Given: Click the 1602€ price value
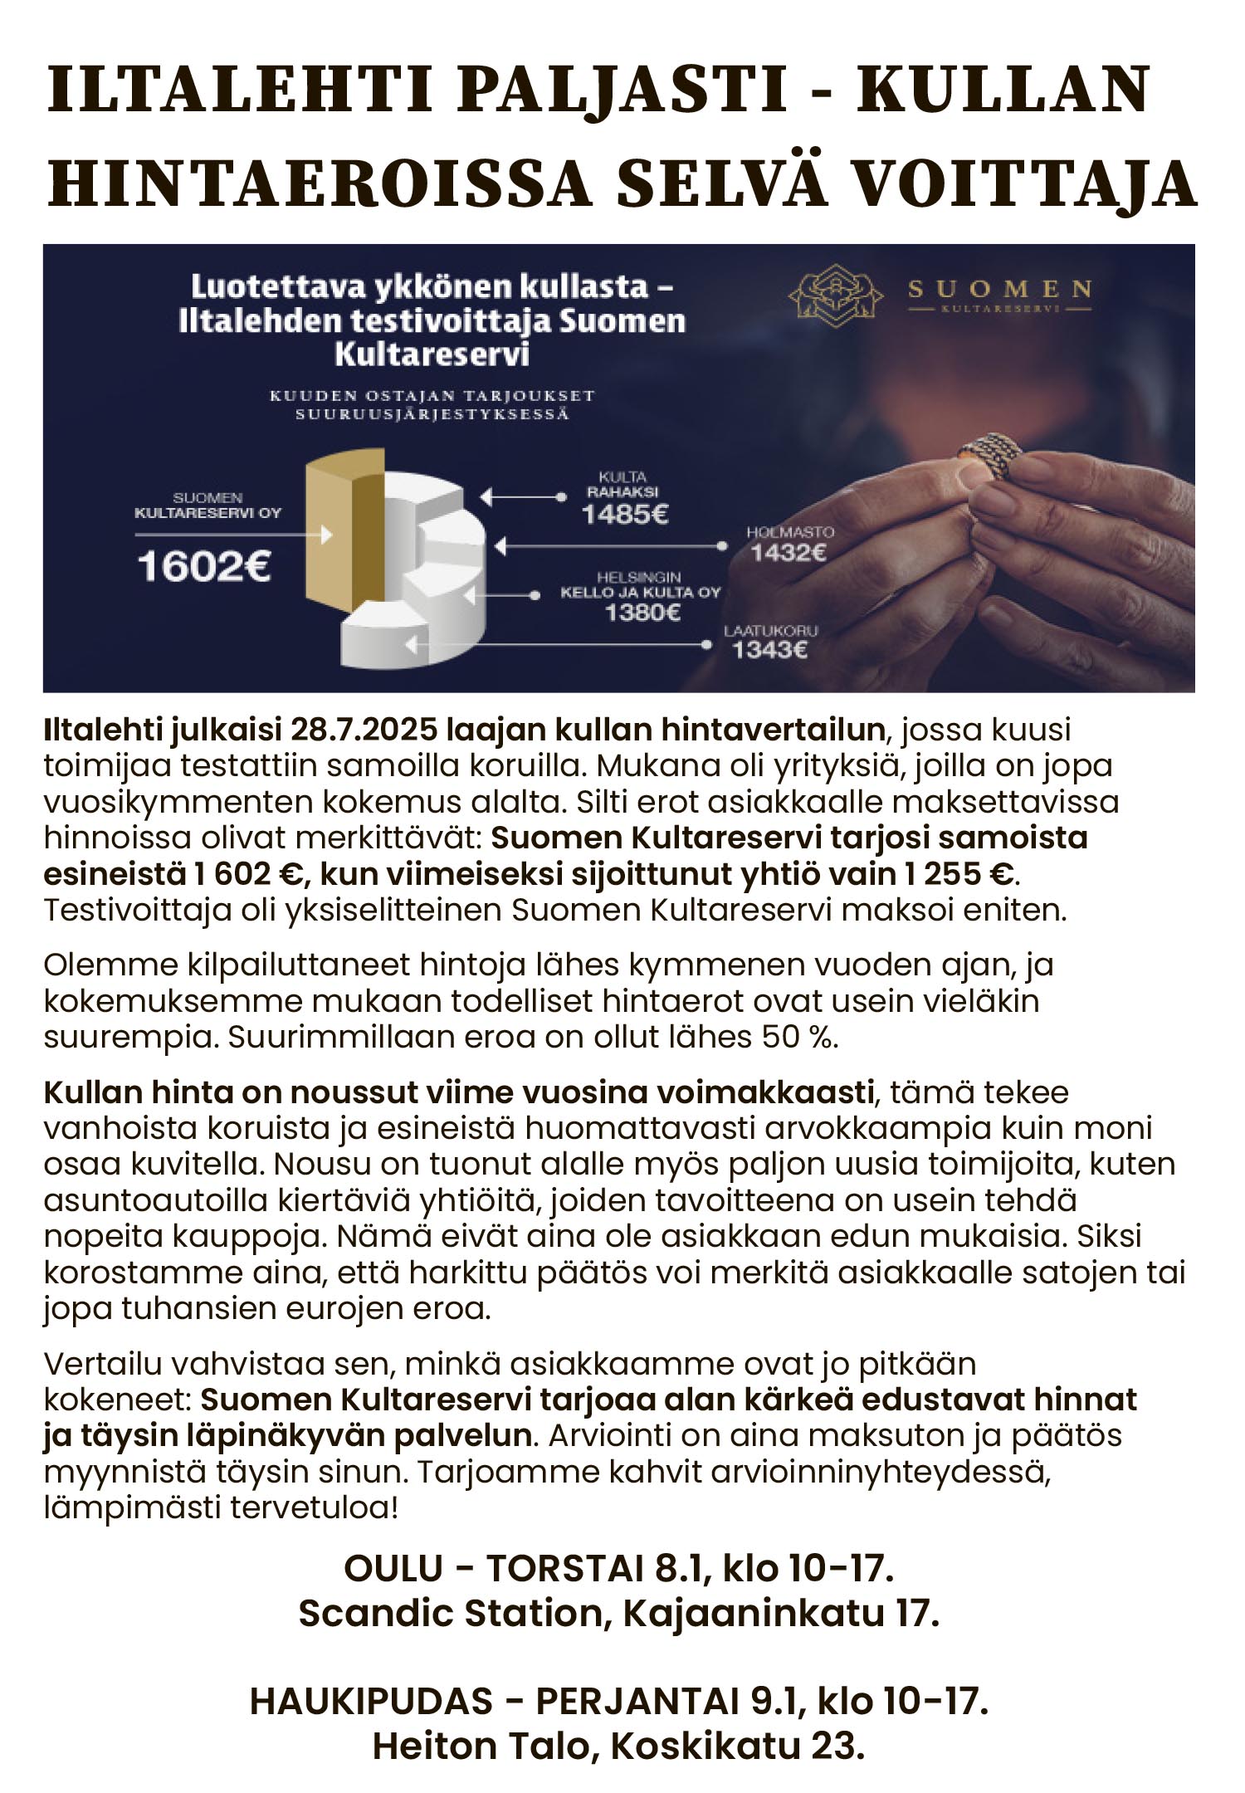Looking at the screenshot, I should (x=203, y=568).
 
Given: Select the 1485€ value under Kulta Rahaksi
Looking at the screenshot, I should (x=624, y=515).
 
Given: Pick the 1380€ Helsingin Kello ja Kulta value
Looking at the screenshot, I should (x=642, y=613).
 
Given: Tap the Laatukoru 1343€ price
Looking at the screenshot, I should (x=769, y=650).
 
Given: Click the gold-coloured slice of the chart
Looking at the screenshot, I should (x=342, y=535).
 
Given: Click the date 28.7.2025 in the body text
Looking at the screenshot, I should (x=364, y=730).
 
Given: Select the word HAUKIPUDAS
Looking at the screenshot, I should (x=371, y=1702).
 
